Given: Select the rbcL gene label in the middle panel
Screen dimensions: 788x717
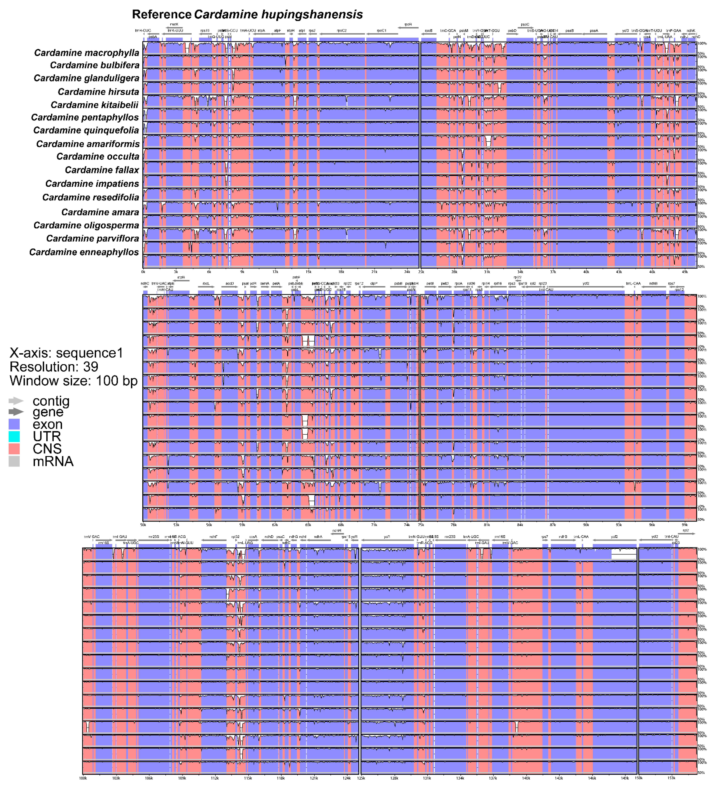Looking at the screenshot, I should (206, 284).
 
